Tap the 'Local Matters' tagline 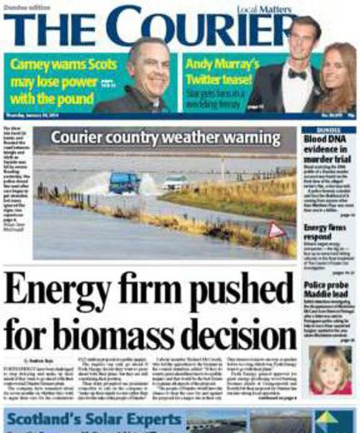click(248, 9)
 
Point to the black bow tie click(297, 74)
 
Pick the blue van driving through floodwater click(124, 183)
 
